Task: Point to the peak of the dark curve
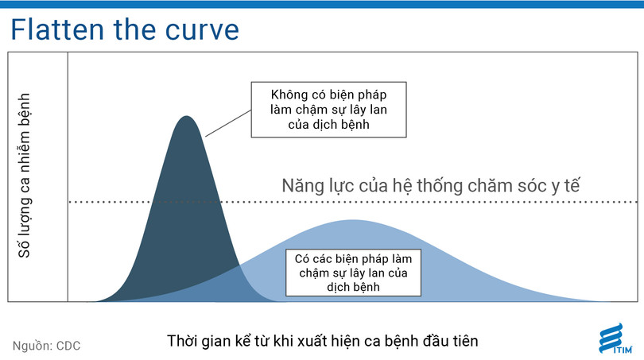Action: pyautogui.click(x=186, y=118)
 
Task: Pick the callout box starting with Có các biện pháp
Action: pyautogui.click(x=351, y=272)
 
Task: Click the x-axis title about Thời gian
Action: pyautogui.click(x=322, y=341)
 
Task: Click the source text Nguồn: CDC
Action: pyautogui.click(x=46, y=346)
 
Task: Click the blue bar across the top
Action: pyautogui.click(x=322, y=4)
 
